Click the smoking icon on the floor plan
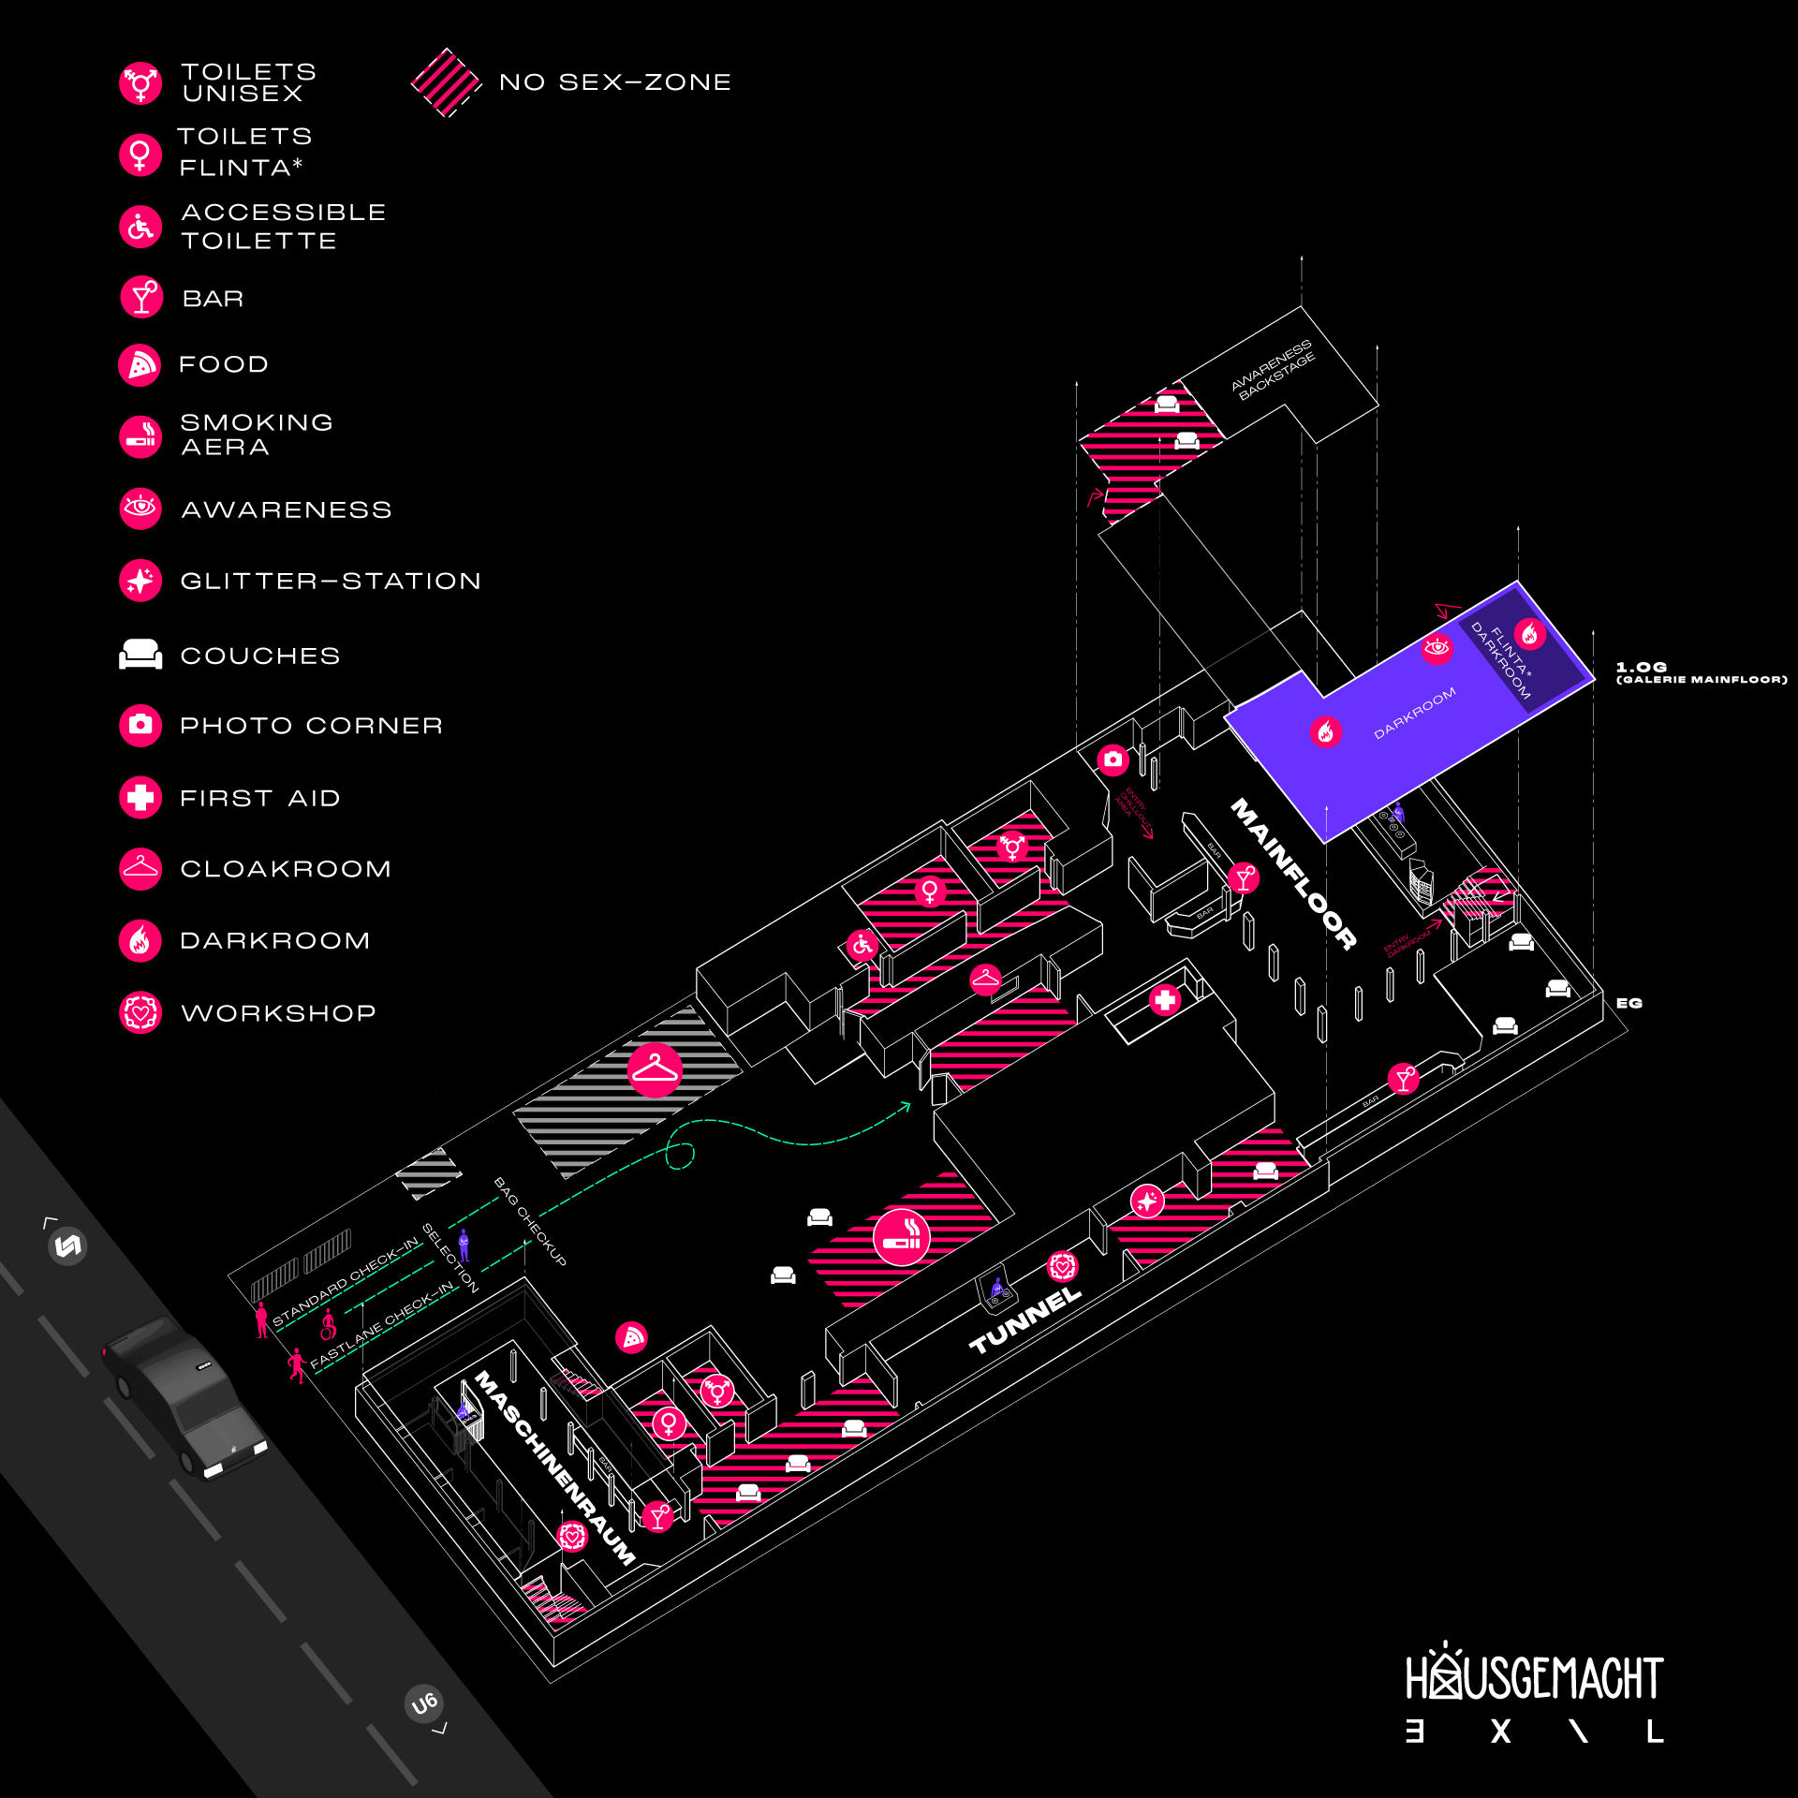(901, 1237)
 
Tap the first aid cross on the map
(1165, 1000)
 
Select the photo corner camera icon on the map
(1113, 759)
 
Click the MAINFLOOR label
(1293, 873)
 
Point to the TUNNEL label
(1024, 1320)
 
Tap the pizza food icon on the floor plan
(632, 1337)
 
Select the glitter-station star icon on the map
(1146, 1201)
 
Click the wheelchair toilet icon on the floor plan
(862, 945)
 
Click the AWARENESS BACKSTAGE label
(1274, 371)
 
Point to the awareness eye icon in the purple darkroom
(1437, 647)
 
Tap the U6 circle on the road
(424, 1703)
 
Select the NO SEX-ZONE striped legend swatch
(446, 82)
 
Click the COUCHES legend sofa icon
(140, 655)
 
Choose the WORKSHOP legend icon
(140, 1012)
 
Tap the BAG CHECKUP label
(530, 1221)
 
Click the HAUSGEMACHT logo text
(1534, 1677)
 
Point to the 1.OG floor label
(1641, 667)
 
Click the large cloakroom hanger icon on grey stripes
(655, 1069)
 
